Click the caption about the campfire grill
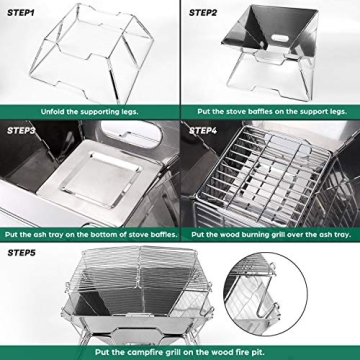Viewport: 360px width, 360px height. coord(179,352)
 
